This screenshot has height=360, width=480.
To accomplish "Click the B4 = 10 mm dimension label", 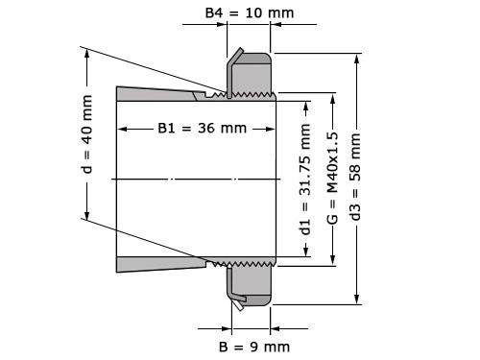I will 249,14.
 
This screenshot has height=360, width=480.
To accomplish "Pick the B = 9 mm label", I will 253,346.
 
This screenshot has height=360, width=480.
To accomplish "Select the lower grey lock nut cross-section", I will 253,283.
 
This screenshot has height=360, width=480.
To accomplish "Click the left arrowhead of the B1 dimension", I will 121,129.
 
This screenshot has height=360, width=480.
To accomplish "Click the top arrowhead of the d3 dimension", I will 357,59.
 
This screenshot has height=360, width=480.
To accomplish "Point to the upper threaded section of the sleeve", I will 245,94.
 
